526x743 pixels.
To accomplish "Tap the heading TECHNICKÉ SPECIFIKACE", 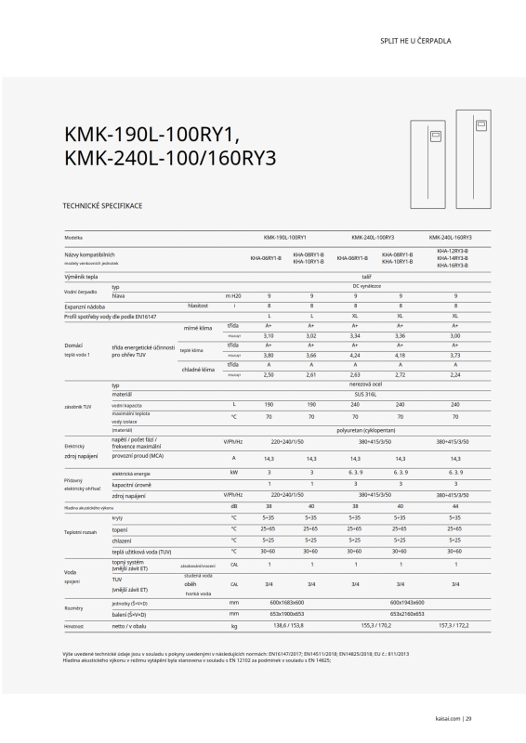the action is [x=101, y=204].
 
